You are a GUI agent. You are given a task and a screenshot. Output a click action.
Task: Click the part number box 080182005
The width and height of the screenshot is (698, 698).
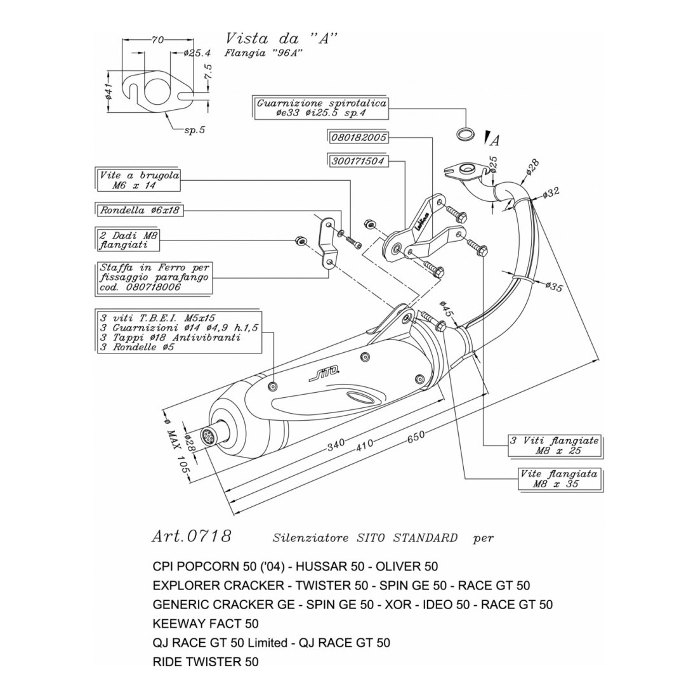click(359, 137)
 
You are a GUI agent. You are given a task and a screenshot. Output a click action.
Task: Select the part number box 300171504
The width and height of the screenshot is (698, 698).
click(359, 161)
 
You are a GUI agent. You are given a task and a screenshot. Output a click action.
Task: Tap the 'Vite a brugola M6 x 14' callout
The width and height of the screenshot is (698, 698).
click(138, 180)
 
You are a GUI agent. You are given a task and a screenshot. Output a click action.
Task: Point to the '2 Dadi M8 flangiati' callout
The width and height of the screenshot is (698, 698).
click(128, 239)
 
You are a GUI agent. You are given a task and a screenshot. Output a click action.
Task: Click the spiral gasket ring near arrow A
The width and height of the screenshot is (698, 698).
click(466, 134)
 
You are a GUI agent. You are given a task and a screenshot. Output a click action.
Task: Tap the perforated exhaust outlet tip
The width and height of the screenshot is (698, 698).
click(207, 436)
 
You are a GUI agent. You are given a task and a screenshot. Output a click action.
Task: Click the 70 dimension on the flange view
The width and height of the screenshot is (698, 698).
click(157, 39)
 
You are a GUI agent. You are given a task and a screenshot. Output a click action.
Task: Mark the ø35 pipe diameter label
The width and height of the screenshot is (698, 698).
click(554, 287)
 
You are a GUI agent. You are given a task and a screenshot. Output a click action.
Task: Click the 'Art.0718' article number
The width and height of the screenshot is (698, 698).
click(191, 536)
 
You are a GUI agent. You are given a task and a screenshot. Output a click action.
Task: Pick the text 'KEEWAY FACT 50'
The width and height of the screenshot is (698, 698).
click(206, 624)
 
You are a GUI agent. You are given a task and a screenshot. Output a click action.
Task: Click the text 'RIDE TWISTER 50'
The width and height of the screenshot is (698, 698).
click(206, 662)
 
